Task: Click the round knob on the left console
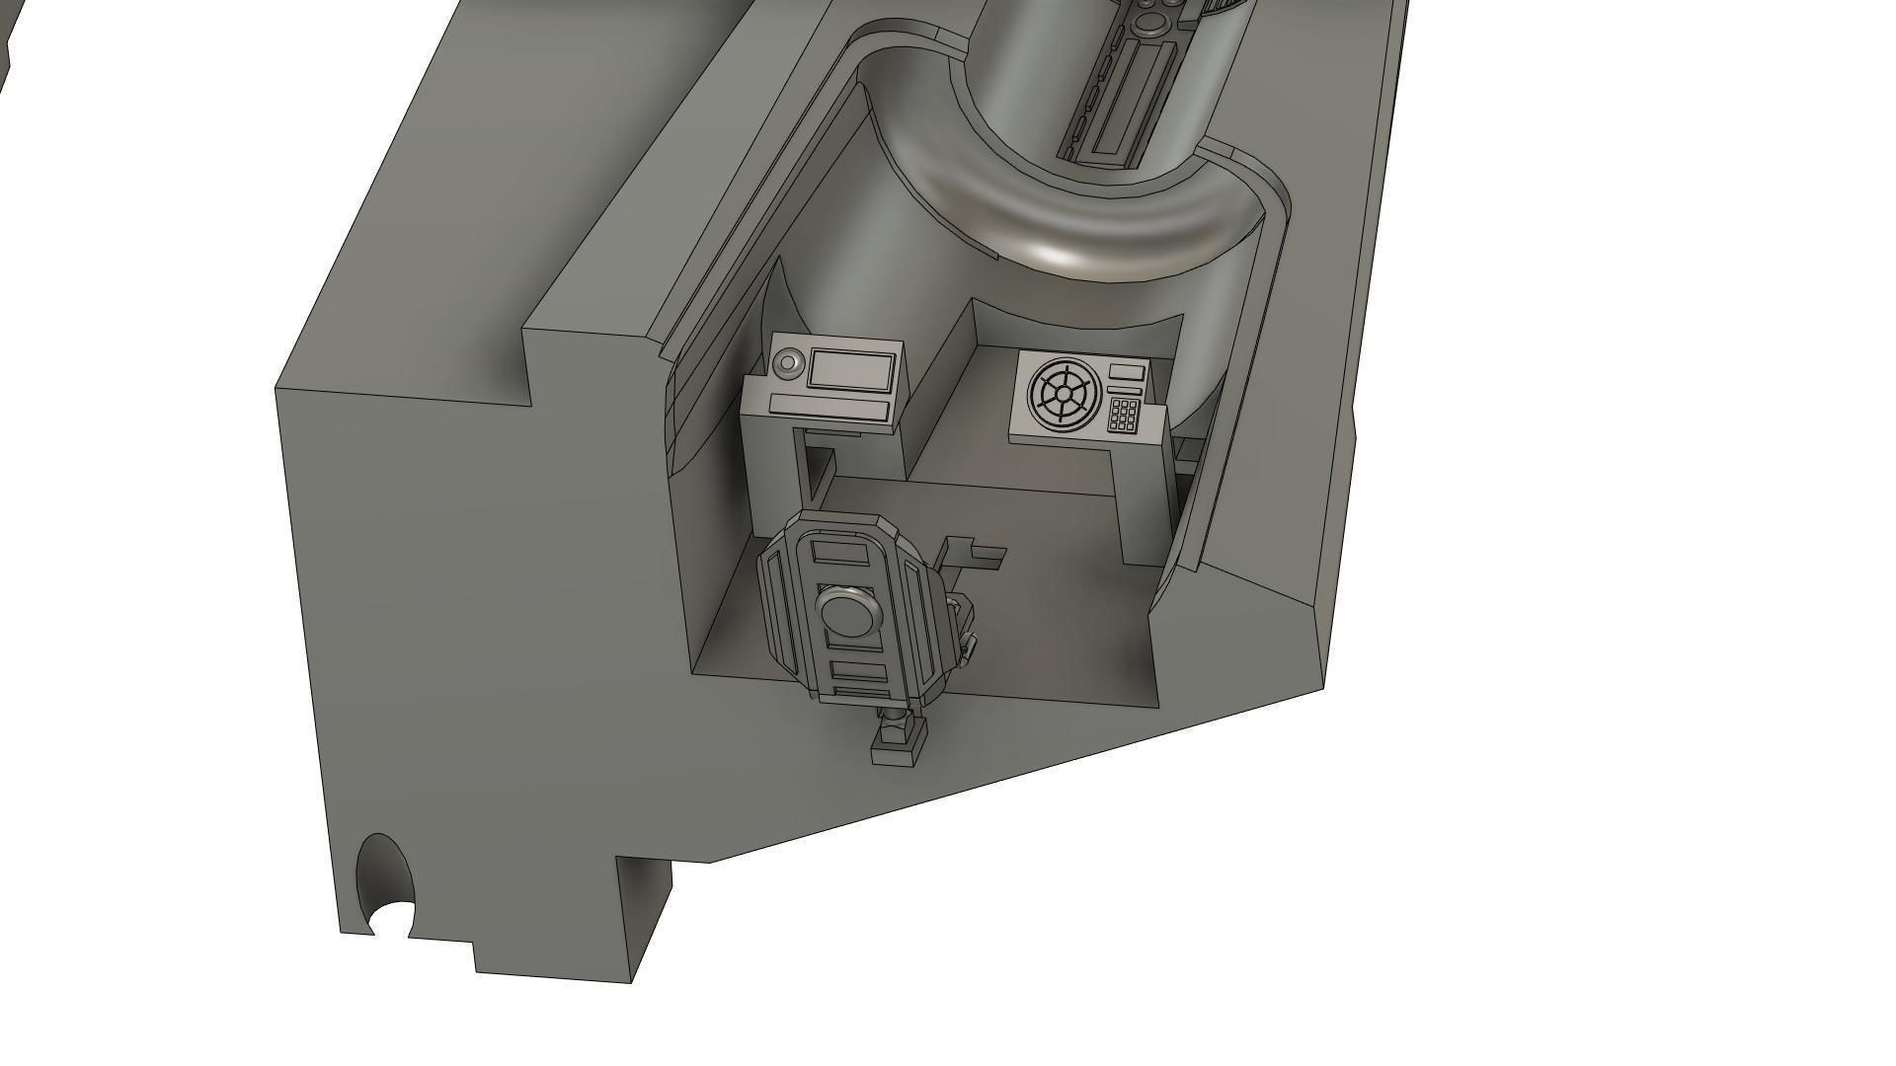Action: (x=787, y=363)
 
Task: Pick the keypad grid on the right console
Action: (x=1123, y=415)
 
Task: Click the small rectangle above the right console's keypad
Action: (x=1127, y=371)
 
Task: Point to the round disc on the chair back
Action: (x=847, y=613)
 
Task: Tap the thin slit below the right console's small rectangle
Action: (x=1126, y=392)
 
